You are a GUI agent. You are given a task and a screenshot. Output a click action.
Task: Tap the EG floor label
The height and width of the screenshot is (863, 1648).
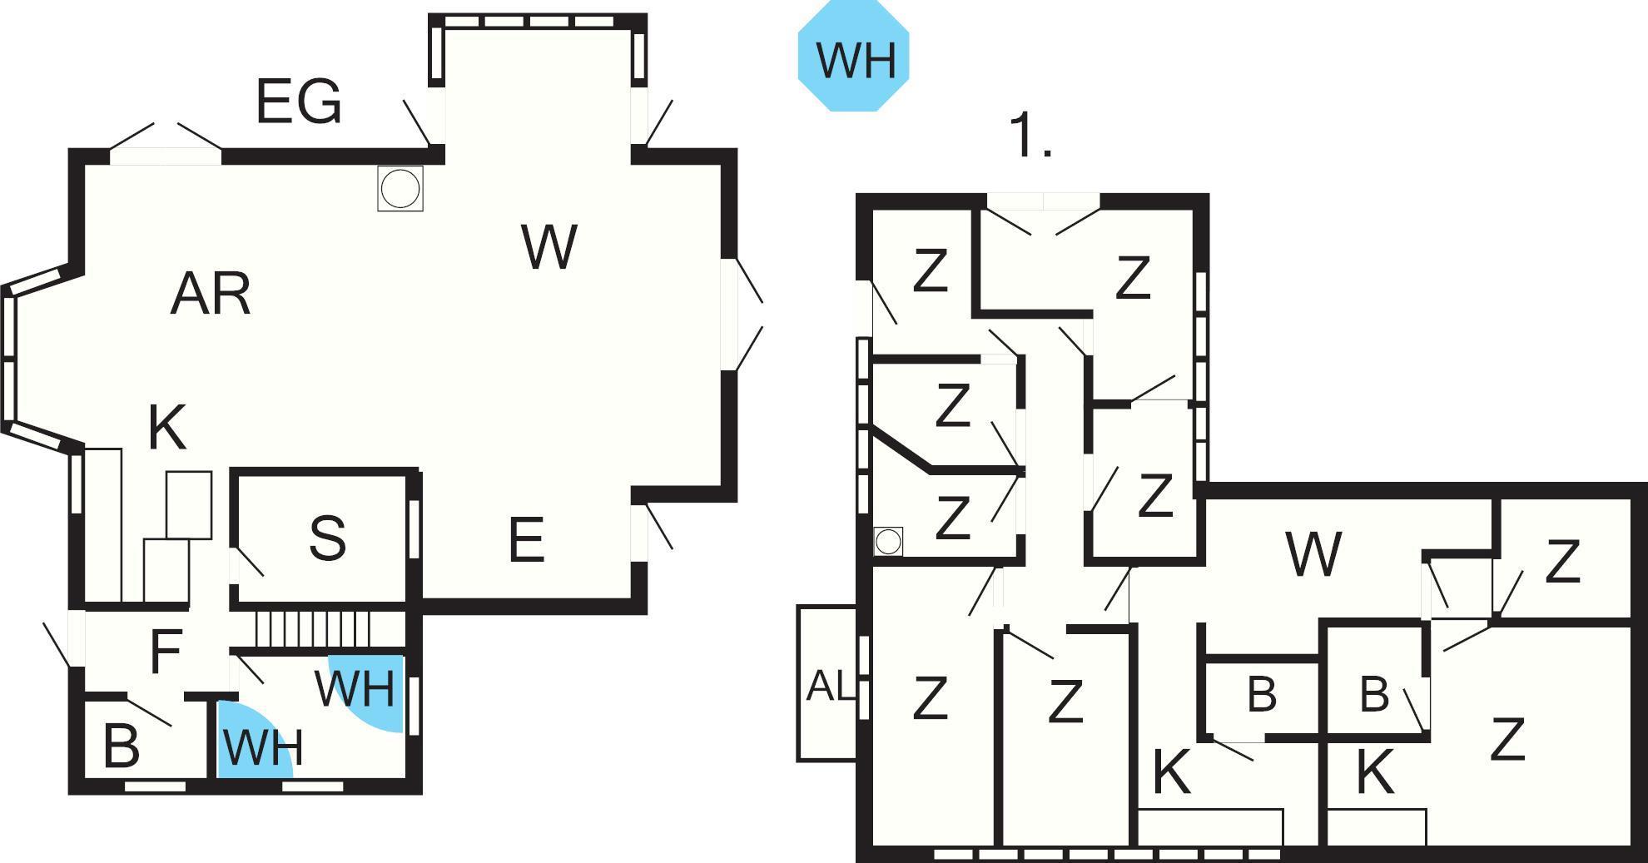[x=298, y=102]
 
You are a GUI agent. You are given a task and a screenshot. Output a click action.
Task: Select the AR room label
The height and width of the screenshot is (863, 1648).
[x=210, y=294]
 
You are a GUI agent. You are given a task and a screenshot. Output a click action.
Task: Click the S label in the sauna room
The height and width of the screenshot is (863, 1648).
[x=327, y=538]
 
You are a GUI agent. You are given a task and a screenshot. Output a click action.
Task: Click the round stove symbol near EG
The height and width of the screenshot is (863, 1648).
[x=400, y=188]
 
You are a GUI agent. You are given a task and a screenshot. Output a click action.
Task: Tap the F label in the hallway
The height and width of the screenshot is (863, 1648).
[x=166, y=651]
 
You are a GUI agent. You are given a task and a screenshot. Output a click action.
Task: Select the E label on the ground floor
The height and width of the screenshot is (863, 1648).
[x=526, y=540]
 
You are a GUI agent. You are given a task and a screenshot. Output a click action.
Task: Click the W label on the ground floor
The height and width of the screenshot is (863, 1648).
[x=549, y=246]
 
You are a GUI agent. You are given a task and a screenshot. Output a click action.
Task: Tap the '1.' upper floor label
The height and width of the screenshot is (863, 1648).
[x=1030, y=136]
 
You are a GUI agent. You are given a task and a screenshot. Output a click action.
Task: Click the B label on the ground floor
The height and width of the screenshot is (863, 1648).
[x=122, y=746]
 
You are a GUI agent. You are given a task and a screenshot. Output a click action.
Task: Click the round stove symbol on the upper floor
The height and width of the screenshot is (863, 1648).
[x=889, y=541]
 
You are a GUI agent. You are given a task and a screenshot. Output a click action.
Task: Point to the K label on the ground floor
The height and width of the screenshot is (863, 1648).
[x=166, y=429]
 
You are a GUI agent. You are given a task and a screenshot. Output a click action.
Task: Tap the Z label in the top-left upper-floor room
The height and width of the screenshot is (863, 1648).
[x=930, y=270]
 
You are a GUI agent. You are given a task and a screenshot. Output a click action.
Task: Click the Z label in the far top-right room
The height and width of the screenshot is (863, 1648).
[x=1562, y=563]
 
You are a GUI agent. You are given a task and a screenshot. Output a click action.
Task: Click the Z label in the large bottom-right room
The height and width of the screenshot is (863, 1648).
[x=1507, y=739]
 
